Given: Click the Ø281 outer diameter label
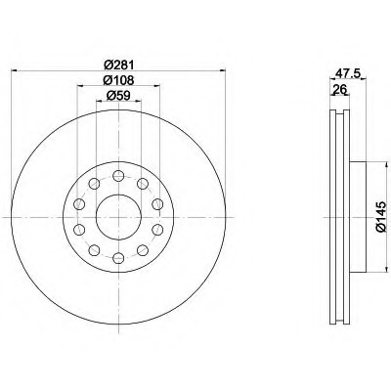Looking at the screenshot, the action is pos(118,65).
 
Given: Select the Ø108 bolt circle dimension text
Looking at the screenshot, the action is pos(118,80).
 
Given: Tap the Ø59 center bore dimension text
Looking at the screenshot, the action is pos(118,96).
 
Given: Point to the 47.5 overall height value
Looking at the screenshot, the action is pos(347,73).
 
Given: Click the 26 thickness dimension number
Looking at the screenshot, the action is pos(339,89).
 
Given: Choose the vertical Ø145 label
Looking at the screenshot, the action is pos(381,217).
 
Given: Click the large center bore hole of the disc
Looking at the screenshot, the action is pos(118,217).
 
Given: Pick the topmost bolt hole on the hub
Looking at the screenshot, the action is pos(118,176).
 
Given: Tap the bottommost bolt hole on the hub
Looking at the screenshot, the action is pos(118,258).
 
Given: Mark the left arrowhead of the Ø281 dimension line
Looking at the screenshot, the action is pos(15,70).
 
